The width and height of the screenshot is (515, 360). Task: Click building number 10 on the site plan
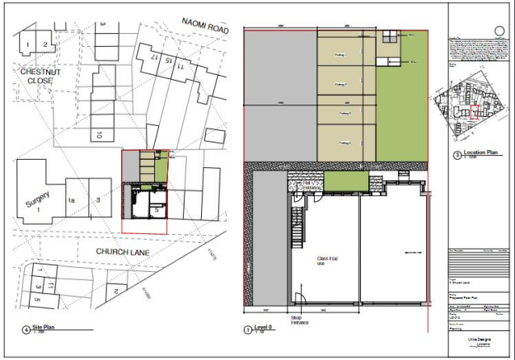[97, 134]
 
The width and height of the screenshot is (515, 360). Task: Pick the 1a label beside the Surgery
[72, 200]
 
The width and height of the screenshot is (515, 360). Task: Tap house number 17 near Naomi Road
[153, 58]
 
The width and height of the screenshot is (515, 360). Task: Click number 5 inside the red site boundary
[156, 210]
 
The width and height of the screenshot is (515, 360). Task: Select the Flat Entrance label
[311, 187]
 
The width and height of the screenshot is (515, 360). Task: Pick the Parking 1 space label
[341, 54]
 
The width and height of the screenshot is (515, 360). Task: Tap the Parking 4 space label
[344, 143]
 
